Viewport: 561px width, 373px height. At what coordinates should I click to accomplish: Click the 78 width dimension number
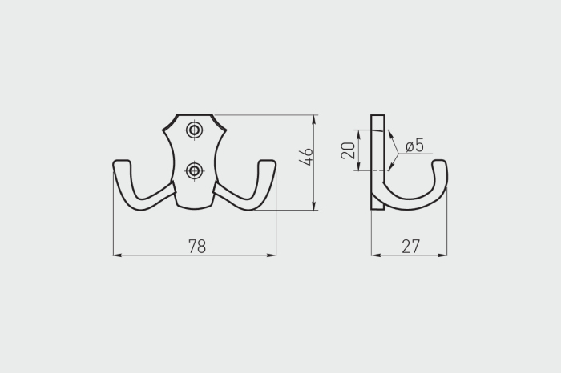click(197, 246)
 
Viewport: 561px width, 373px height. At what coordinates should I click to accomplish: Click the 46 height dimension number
click(306, 157)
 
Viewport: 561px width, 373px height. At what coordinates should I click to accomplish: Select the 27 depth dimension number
click(410, 247)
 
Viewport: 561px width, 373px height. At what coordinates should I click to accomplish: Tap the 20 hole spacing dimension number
click(348, 150)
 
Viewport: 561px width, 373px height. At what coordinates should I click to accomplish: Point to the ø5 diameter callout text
click(414, 146)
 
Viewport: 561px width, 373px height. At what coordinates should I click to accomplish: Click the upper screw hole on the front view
click(194, 130)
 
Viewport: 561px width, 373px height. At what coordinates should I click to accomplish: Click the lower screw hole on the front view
click(194, 170)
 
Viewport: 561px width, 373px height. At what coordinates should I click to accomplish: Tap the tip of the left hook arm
click(122, 162)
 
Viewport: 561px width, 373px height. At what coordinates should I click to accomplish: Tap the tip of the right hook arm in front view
click(267, 162)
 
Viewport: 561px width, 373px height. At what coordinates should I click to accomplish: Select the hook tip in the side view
click(440, 162)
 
